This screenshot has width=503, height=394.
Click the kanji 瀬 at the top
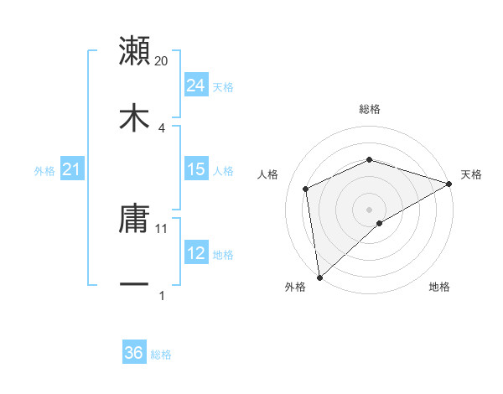point(135,50)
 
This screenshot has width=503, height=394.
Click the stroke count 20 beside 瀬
point(162,61)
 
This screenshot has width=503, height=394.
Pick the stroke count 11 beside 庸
point(163,228)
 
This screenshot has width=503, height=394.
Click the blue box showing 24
point(195,85)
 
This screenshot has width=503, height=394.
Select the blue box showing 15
point(195,169)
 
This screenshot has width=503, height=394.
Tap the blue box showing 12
point(195,254)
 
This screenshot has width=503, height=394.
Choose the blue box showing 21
point(71,170)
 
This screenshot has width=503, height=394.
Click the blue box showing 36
point(133,353)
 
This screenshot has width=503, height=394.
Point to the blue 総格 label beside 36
point(161,355)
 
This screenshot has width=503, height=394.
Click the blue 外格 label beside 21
point(44,171)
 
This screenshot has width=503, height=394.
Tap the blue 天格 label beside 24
point(223,86)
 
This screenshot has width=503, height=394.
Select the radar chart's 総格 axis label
point(370,109)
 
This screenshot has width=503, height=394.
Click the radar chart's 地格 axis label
point(439,287)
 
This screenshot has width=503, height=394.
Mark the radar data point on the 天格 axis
point(449,184)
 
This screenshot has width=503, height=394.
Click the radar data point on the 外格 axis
point(319,277)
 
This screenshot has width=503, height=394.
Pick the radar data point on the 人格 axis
point(306,189)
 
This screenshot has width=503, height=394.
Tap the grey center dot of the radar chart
point(370,209)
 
